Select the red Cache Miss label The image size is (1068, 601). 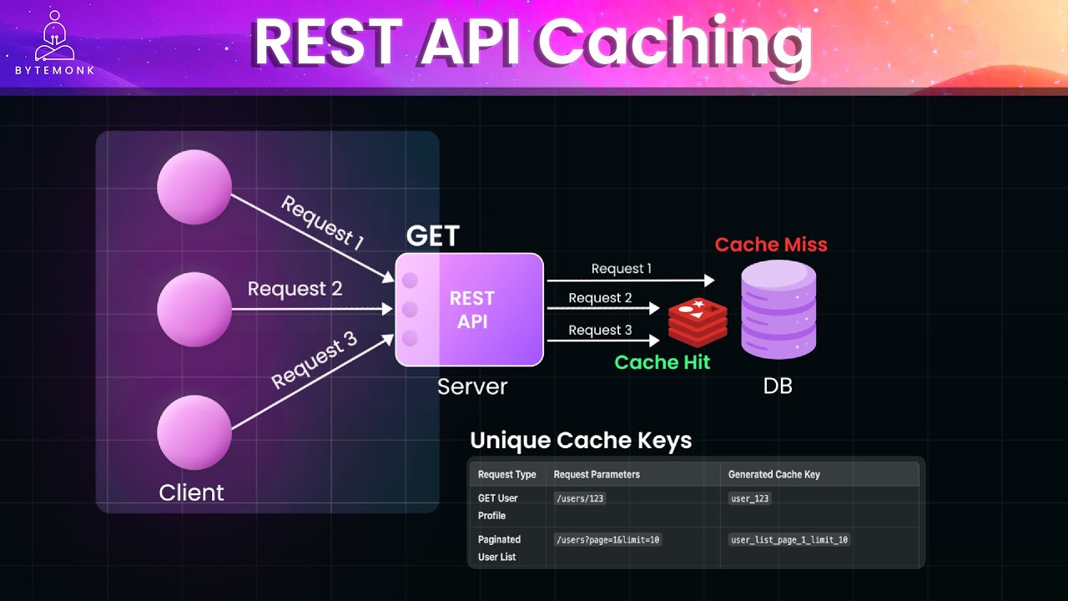pyautogui.click(x=771, y=245)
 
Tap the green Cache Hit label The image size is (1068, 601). pyautogui.click(x=662, y=362)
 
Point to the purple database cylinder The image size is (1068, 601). pyautogui.click(x=778, y=310)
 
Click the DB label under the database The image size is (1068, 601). pyautogui.click(x=778, y=386)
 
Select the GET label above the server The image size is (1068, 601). pyautogui.click(x=432, y=236)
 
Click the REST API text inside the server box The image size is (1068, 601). pyautogui.click(x=472, y=310)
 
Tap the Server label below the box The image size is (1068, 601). pyautogui.click(x=472, y=386)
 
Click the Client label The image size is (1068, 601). pyautogui.click(x=191, y=492)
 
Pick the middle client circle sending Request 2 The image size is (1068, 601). pyautogui.click(x=194, y=309)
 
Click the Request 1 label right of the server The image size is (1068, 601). pyautogui.click(x=621, y=269)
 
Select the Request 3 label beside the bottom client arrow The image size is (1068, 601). pyautogui.click(x=315, y=361)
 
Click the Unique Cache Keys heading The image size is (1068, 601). pyautogui.click(x=581, y=440)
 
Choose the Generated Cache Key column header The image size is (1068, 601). pyautogui.click(x=773, y=474)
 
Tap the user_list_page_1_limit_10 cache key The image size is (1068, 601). pyautogui.click(x=789, y=540)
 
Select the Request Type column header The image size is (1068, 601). pyautogui.click(x=506, y=474)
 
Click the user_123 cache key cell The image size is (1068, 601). pyautogui.click(x=750, y=498)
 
